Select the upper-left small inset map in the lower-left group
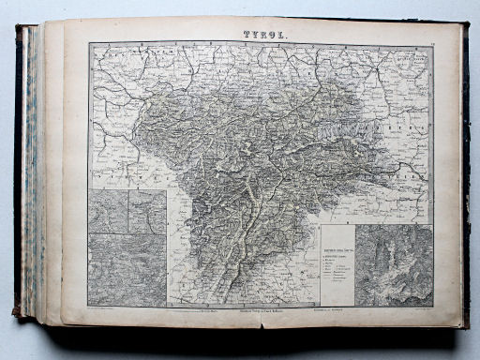(x=109, y=211)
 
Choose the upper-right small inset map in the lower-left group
(x=147, y=211)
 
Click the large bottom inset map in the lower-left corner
(x=127, y=269)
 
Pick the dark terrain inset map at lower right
(x=393, y=264)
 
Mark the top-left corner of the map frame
(x=90, y=42)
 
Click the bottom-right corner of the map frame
(x=433, y=307)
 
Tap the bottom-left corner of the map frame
(x=90, y=307)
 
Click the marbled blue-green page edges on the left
(x=35, y=169)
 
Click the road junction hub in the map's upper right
(x=377, y=67)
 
